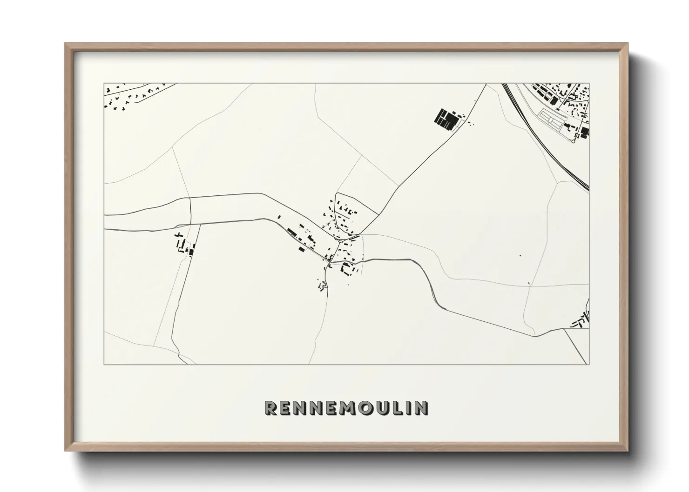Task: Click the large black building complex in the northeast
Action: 446,120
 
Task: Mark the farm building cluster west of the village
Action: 183,244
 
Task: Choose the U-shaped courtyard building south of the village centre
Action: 346,268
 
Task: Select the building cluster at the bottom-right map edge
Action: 581,321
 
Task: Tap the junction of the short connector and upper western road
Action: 190,198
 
